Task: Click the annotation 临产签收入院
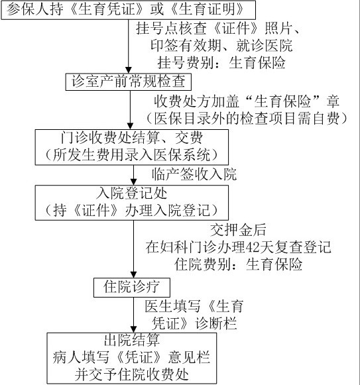point(194,174)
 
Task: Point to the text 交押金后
point(238,230)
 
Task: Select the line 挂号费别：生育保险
point(221,62)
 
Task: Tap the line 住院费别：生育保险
point(239,264)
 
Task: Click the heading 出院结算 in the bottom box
point(132,341)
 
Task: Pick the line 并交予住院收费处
point(132,374)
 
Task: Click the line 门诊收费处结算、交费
point(132,138)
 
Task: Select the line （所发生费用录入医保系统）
point(132,154)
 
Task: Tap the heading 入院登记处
point(132,193)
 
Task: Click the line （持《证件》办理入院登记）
point(132,211)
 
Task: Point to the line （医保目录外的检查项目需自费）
point(247,119)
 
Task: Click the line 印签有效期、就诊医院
point(221,45)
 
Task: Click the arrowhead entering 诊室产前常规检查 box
point(128,70)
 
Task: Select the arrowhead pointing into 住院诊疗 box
point(133,274)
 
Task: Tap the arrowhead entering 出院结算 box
point(133,329)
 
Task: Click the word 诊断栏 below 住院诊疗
point(215,323)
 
